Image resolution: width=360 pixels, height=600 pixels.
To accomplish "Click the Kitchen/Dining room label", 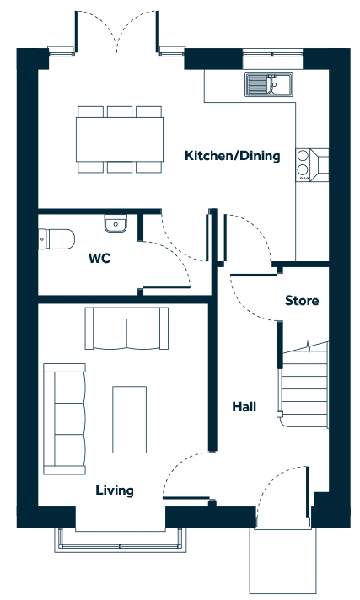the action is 233,156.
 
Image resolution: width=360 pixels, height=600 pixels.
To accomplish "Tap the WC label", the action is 99,259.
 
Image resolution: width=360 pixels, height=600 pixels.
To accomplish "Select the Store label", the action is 302,300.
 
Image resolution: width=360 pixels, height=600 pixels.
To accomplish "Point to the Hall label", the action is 244,406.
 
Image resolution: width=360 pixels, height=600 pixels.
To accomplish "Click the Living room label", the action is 115,490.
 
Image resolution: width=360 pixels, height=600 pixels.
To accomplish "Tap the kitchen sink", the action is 269,83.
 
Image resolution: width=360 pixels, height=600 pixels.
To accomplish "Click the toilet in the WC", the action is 56,238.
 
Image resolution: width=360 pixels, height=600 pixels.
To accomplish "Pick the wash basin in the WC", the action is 116,223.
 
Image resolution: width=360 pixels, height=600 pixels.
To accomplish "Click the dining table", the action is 120,139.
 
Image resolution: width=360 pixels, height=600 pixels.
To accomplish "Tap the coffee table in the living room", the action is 130,420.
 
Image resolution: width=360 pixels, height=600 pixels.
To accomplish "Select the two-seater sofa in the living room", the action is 126,329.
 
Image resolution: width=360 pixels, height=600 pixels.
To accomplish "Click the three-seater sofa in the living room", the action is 64,419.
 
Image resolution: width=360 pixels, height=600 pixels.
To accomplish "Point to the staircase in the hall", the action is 305,384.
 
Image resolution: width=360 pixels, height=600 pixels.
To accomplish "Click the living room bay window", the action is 120,540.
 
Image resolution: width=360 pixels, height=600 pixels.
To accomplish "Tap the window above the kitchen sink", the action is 272,53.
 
